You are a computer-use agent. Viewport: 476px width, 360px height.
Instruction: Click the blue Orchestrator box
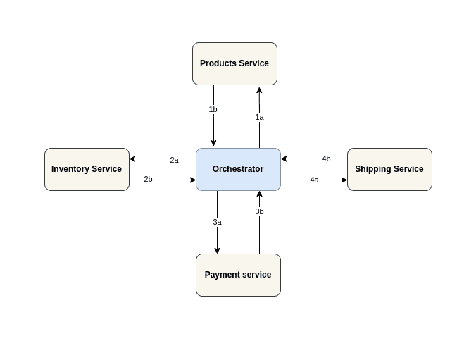point(238,169)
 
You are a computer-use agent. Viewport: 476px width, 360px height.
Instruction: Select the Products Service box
point(234,63)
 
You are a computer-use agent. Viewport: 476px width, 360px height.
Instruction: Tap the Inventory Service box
point(87,169)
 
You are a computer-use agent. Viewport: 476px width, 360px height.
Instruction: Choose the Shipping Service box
point(389,169)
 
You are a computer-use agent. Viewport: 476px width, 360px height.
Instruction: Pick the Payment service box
point(238,275)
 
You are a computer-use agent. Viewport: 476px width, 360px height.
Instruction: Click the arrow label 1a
point(259,117)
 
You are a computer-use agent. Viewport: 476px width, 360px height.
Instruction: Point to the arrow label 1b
point(213,109)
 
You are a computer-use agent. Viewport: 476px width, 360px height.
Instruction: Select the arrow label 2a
point(174,160)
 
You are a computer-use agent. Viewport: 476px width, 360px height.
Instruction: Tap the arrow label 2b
point(148,179)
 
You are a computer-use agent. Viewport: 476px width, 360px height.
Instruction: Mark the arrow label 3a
point(217,222)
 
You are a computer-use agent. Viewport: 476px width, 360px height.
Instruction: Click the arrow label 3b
point(259,211)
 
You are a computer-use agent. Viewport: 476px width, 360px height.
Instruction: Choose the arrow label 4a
point(314,180)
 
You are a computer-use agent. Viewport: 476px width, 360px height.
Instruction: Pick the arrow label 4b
point(326,159)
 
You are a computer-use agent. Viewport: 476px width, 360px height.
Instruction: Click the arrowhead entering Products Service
point(259,89)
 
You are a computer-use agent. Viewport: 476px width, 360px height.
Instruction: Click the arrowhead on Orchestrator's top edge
point(213,143)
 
